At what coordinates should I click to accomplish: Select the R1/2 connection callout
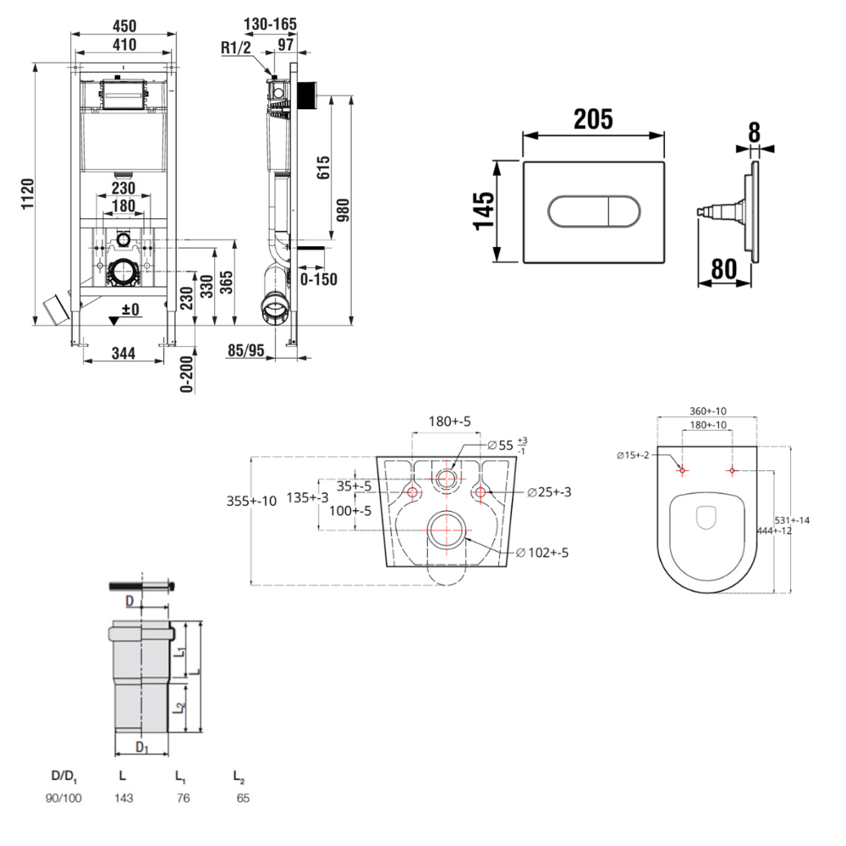point(236,49)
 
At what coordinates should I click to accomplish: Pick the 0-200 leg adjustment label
point(188,372)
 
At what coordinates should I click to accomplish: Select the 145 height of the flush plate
point(483,211)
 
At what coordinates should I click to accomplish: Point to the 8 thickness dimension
point(754,132)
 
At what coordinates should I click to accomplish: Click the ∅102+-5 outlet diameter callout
point(542,553)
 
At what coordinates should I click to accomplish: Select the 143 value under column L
point(124,798)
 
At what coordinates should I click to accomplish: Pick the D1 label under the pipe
point(142,748)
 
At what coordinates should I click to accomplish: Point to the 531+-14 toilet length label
point(794,519)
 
